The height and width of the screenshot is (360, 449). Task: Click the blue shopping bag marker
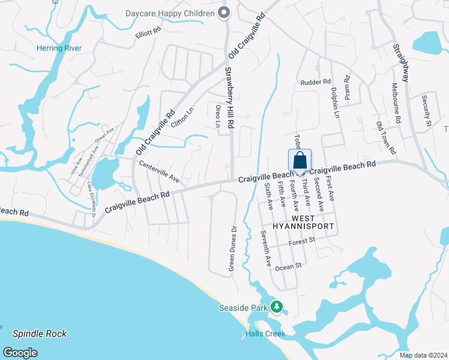pos(300,161)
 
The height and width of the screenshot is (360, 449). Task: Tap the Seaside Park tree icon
pos(276,307)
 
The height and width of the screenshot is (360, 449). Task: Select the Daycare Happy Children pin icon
pos(224,13)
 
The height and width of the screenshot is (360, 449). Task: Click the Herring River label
pos(59,48)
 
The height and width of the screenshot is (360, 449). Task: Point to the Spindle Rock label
pos(40,334)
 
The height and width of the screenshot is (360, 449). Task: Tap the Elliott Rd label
pos(148,32)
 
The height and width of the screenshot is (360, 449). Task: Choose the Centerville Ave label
pos(160,171)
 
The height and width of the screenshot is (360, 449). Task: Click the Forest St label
pos(301,241)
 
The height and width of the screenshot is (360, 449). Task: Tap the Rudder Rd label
pos(316,82)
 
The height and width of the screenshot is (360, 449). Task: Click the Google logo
pos(20,352)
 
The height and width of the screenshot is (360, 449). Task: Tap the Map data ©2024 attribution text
pos(423,355)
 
